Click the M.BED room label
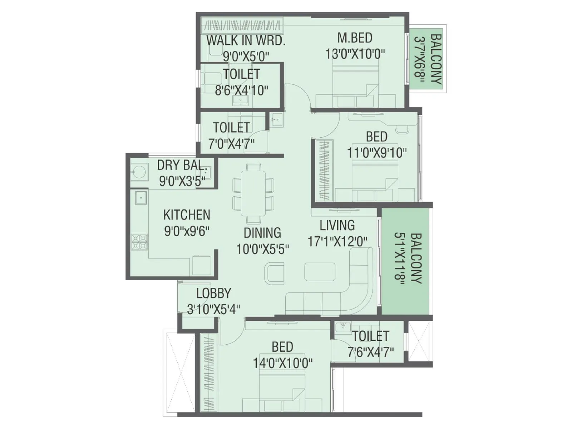point(355,38)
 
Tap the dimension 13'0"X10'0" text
point(355,54)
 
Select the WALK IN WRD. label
point(246,40)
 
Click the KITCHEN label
point(187,215)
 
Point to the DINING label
point(262,233)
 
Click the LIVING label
point(337,226)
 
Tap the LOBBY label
point(213,294)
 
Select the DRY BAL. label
point(182,165)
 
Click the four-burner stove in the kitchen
point(139,242)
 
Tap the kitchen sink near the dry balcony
point(140,197)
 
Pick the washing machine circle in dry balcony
point(138,171)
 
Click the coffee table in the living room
point(320,272)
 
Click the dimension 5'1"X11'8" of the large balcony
point(399,258)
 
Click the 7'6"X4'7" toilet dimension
point(371,352)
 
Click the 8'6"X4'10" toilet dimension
point(241,90)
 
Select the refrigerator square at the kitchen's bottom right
point(201,265)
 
